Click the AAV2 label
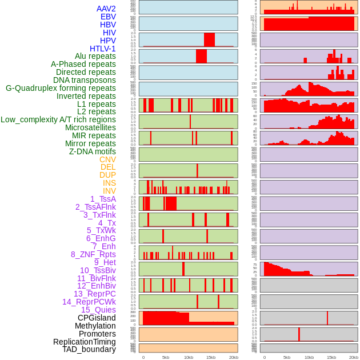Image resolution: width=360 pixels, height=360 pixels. click(106, 9)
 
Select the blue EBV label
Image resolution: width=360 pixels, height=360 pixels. click(108, 17)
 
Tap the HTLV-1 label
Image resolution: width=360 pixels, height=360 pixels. click(103, 49)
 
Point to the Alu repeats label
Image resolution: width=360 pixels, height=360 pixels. click(95, 56)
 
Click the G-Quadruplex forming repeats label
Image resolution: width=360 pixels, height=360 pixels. click(61, 88)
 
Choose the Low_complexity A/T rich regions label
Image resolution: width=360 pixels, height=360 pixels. click(58, 119)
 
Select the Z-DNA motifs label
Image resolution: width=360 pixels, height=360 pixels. click(93, 151)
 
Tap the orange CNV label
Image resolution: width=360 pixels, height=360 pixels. click(107, 159)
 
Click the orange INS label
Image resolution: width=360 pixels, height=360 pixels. click(109, 183)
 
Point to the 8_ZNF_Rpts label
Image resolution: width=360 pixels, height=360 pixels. click(93, 254)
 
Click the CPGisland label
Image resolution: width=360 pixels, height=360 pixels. click(97, 318)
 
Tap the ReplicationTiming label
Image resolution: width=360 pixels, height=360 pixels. click(84, 342)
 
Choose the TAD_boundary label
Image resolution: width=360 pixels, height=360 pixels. click(89, 349)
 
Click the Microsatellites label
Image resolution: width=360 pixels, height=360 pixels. click(90, 127)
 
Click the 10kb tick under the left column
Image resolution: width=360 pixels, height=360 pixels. click(189, 357)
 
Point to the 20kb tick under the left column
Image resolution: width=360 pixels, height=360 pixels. click(233, 357)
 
